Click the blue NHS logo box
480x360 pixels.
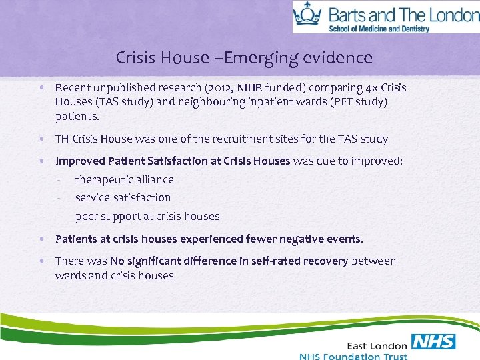[433, 343]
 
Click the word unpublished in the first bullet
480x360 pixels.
[122, 88]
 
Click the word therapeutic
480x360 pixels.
[103, 179]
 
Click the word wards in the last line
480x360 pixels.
[70, 275]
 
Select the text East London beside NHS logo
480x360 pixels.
[377, 345]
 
